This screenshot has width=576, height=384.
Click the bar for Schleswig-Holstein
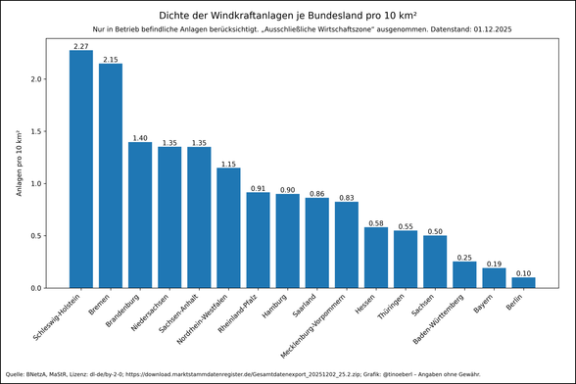[81, 169]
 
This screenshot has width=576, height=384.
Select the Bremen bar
[111, 175]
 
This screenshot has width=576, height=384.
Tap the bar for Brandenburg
[140, 215]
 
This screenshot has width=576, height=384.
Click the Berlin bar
[523, 283]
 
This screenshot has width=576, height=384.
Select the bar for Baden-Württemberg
[464, 275]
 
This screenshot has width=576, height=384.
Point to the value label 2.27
[81, 45]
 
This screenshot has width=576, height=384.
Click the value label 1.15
[228, 163]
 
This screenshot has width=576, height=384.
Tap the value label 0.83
[347, 197]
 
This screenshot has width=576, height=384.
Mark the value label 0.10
[523, 273]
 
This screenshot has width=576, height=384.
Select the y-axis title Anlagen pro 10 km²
[19, 163]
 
